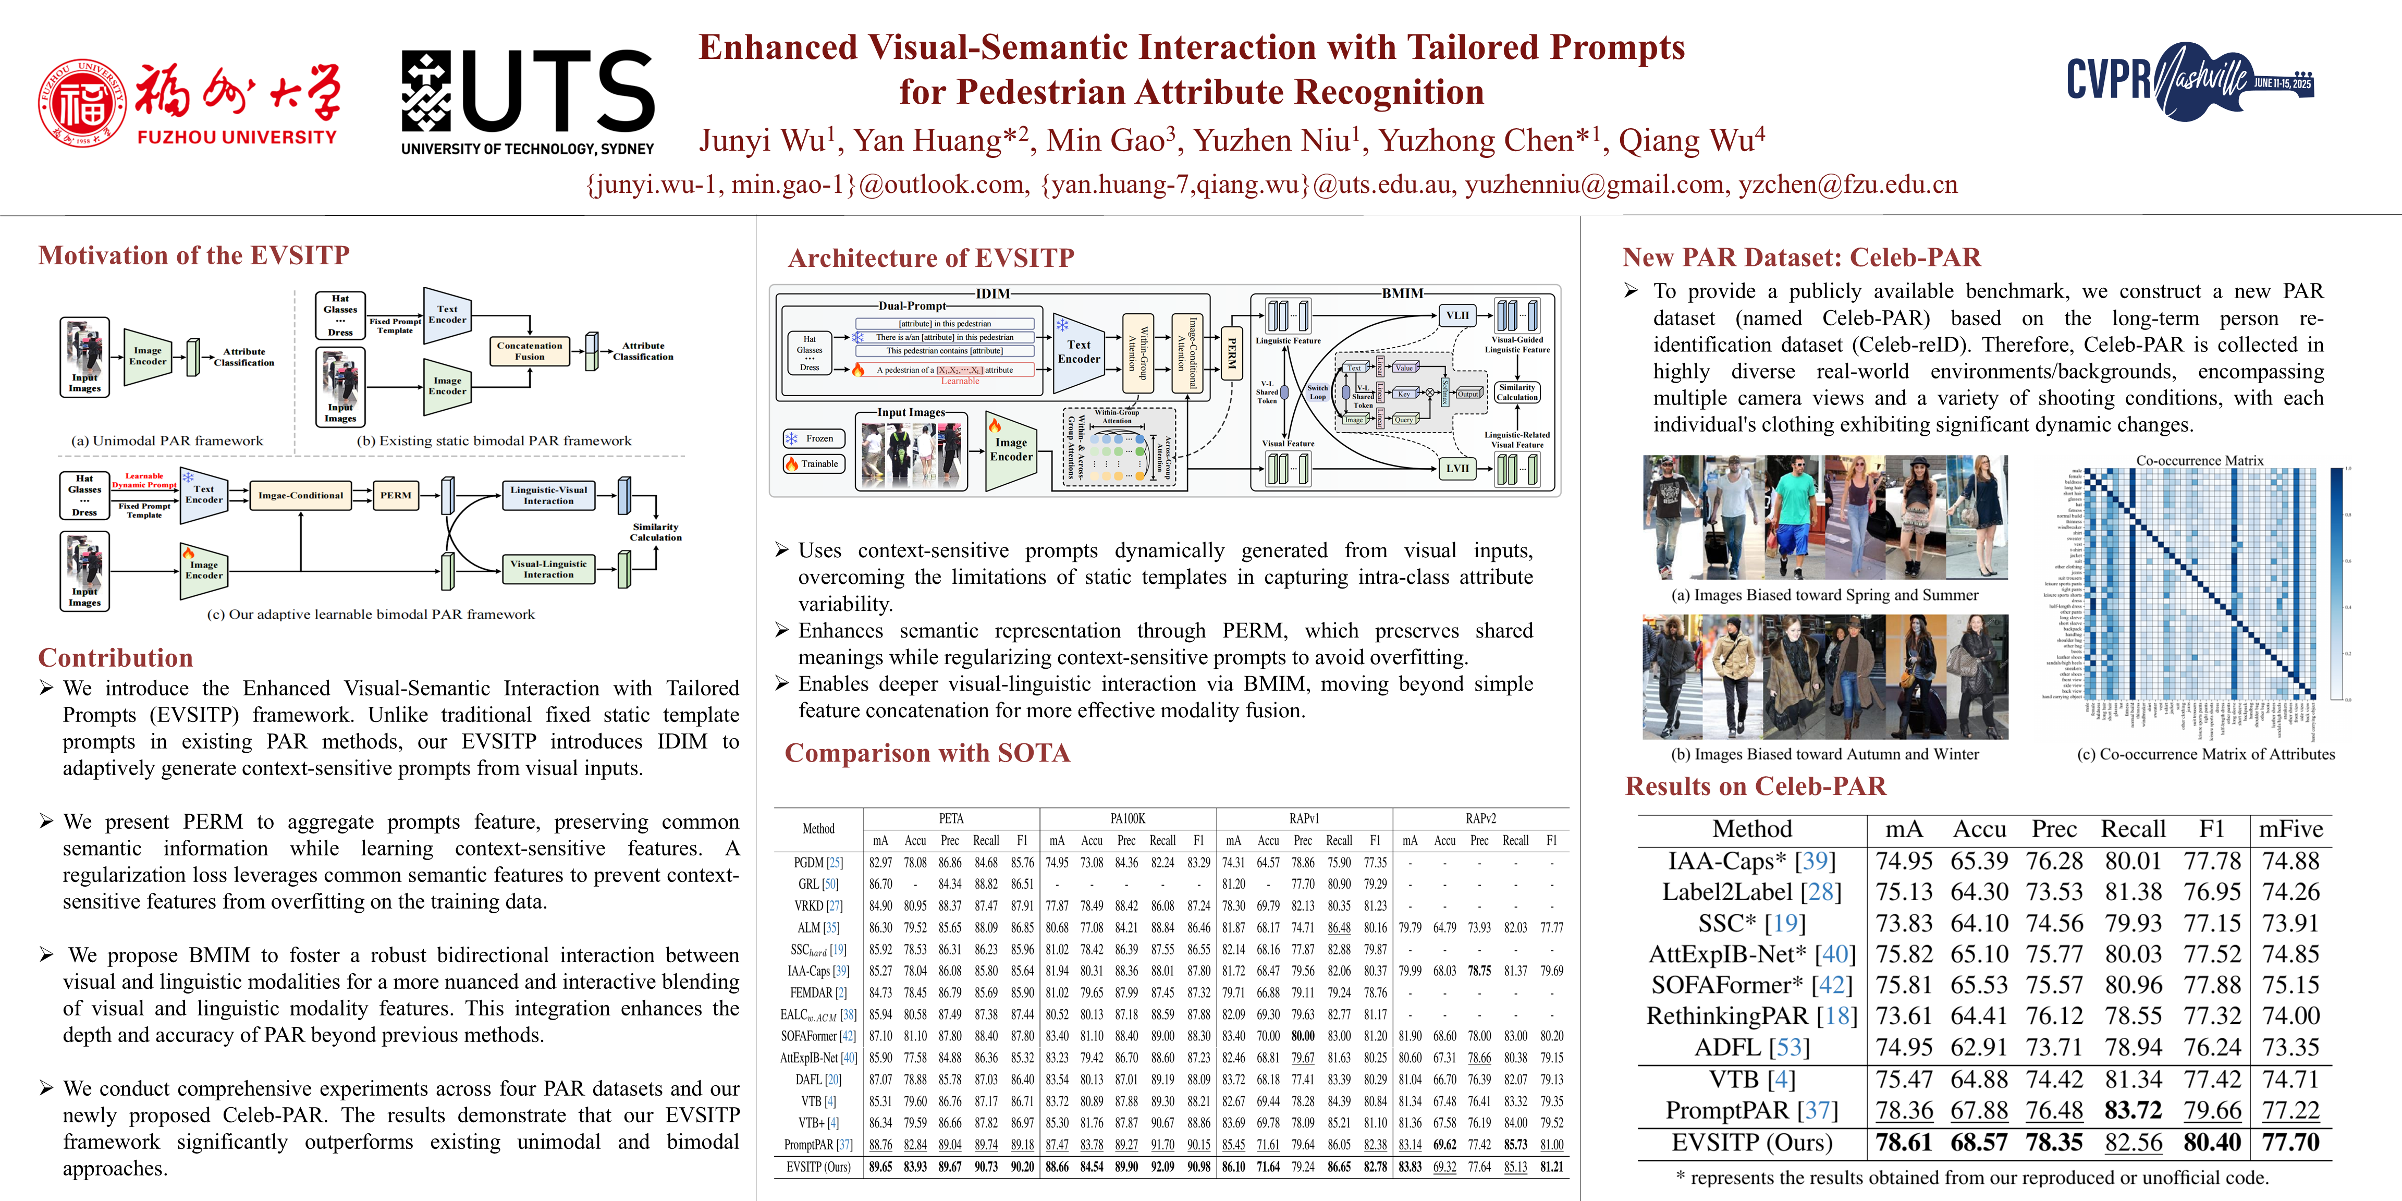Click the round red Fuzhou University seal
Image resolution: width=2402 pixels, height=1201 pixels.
pos(82,104)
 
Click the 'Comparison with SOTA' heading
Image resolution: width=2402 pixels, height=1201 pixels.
pos(927,753)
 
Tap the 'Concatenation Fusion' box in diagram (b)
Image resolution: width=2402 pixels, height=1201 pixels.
pos(530,351)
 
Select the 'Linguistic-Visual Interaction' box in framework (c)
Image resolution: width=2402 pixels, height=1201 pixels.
pos(548,495)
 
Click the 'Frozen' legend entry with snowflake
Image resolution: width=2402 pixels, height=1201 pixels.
pos(813,438)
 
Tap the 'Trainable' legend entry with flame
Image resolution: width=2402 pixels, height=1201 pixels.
pos(813,463)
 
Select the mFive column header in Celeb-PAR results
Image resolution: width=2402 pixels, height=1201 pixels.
pos(2290,829)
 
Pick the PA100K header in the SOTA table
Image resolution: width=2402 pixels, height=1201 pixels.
pos(1128,819)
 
